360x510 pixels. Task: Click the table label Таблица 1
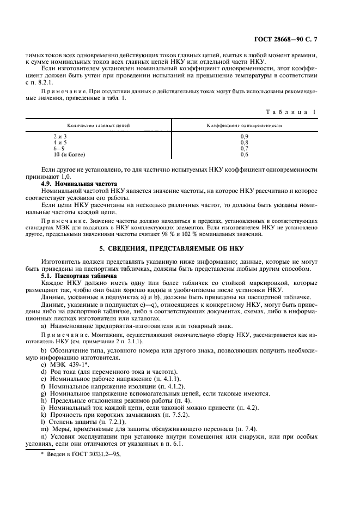point(291,112)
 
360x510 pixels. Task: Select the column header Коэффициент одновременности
point(243,125)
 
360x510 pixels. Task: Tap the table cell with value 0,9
point(245,136)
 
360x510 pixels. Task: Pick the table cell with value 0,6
point(245,154)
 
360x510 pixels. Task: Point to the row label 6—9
point(59,148)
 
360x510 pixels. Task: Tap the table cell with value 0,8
point(245,142)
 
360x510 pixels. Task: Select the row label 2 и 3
point(60,136)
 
